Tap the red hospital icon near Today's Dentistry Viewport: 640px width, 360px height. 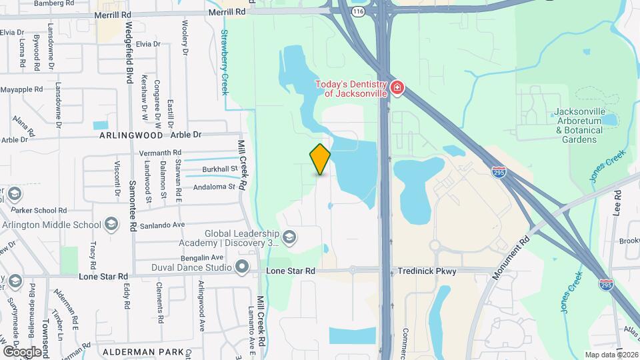coord(397,88)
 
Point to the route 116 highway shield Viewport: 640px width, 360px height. coord(359,11)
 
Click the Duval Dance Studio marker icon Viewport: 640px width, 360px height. coord(241,267)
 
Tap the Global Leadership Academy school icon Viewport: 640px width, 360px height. coord(289,237)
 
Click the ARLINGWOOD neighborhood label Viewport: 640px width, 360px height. coord(131,135)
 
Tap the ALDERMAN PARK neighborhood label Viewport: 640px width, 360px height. coord(138,351)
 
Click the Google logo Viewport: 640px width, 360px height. coord(22,351)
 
